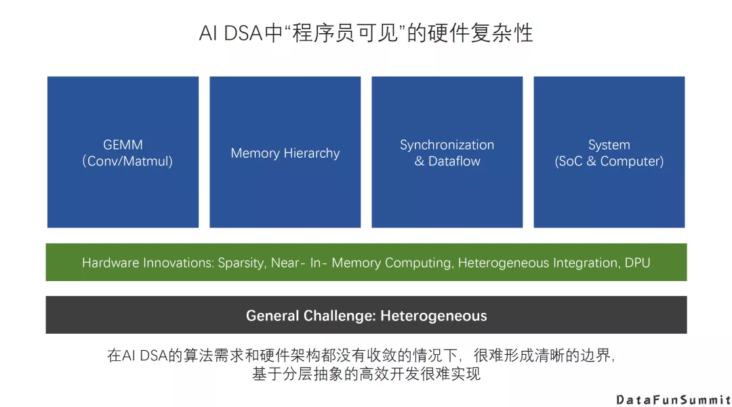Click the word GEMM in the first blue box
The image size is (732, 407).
123,145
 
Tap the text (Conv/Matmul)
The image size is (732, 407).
127,161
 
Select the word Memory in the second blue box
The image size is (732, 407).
254,153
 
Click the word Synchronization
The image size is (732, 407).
447,145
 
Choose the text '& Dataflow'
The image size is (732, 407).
447,161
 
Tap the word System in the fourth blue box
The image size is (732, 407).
609,145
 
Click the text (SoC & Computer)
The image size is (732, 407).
609,161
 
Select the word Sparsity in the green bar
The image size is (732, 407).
241,263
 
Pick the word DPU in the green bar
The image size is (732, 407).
636,263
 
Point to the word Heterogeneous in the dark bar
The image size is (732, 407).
434,316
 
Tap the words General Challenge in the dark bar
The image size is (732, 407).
309,316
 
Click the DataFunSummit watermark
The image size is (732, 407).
673,400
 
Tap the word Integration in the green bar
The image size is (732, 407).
579,263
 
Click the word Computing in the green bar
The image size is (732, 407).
418,263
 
